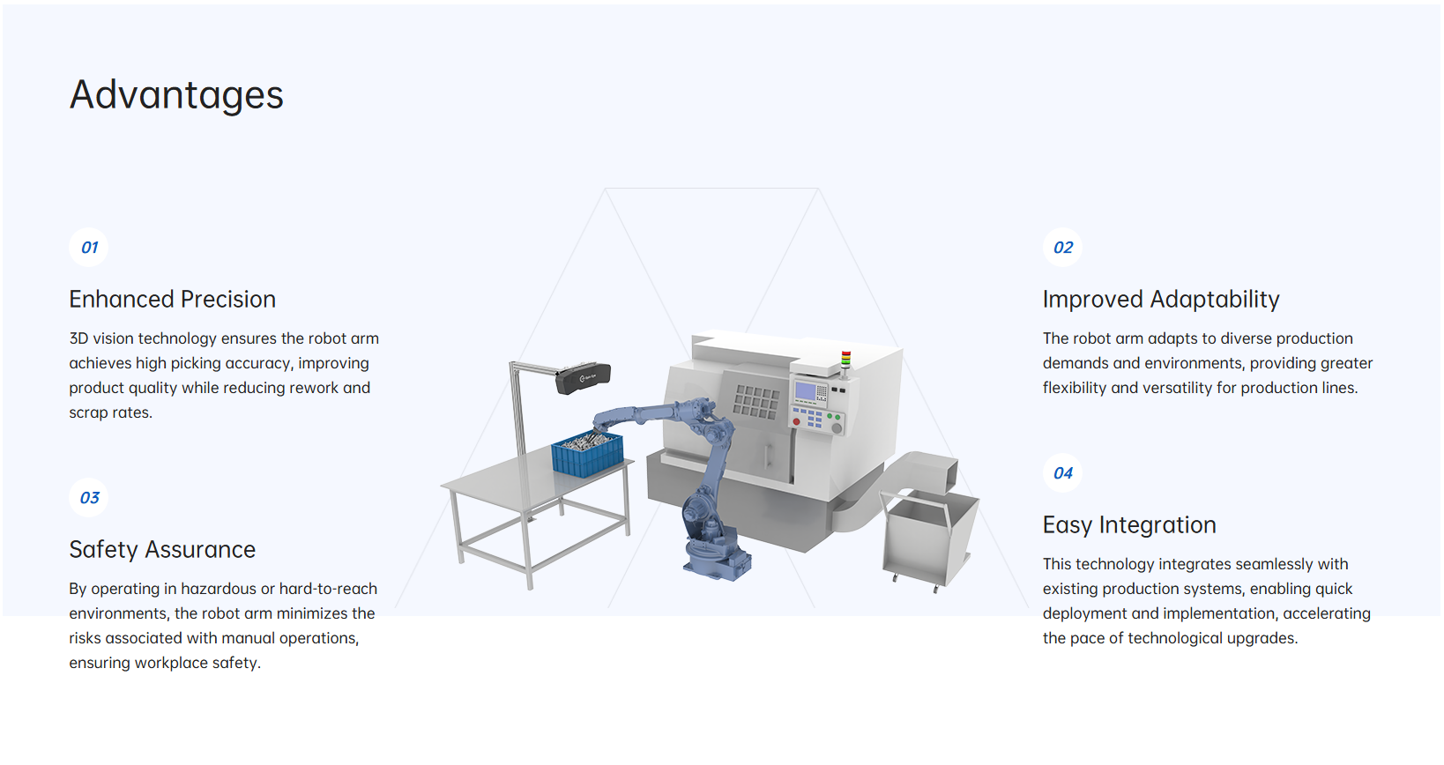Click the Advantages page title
point(176,94)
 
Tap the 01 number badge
point(89,248)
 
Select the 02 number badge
point(1062,248)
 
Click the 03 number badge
point(89,498)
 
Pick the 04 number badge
point(1062,473)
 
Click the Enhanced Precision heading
point(172,300)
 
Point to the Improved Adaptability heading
point(1161,300)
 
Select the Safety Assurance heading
point(162,550)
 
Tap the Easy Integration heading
point(1129,525)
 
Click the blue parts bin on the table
point(587,454)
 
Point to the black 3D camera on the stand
point(583,378)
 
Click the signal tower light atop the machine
point(845,360)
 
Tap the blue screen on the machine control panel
point(806,391)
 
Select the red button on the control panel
point(797,421)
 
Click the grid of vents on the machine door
point(755,402)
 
